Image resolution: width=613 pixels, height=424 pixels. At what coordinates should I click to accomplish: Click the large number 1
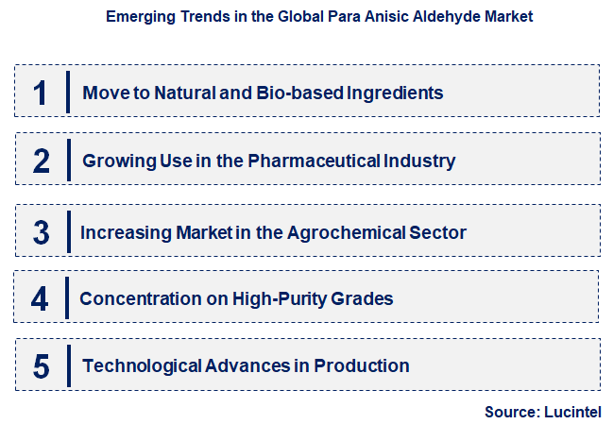(x=40, y=93)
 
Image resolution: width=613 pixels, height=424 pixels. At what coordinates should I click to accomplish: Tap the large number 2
(x=41, y=161)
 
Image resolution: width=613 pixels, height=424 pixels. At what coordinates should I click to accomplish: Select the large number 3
(x=41, y=231)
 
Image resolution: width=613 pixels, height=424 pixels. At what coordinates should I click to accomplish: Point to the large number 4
(x=40, y=299)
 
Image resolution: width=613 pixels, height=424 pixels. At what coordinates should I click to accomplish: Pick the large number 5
(x=41, y=366)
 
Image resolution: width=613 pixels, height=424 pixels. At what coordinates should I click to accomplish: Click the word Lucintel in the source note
(x=570, y=412)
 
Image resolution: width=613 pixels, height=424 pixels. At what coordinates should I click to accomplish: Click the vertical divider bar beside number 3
(x=68, y=231)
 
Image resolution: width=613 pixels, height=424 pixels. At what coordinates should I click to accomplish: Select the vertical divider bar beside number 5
(x=68, y=366)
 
